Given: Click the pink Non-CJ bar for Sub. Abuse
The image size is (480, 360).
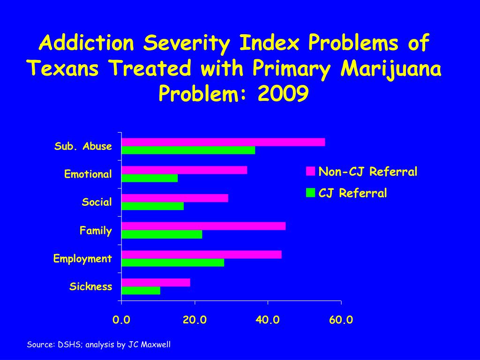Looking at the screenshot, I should pos(223,142).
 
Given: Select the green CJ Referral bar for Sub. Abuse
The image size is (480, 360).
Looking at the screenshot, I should pos(188,150).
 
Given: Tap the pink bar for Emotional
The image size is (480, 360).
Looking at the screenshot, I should pos(184,170).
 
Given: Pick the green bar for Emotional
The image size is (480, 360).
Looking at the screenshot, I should pos(150,178).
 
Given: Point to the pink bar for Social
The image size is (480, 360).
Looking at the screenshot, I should pos(175,198).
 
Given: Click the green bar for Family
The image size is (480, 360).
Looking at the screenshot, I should pos(162,234).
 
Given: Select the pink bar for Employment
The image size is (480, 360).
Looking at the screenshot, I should pos(202,255).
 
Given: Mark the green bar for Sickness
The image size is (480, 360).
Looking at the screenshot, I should pos(141,291).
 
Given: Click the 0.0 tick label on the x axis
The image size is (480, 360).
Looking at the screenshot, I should pos(121,320).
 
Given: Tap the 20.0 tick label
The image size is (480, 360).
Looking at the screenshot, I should pos(195,320).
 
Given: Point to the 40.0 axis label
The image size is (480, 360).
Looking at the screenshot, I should pos(268,320).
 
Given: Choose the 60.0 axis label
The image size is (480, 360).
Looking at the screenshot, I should pos(341,320).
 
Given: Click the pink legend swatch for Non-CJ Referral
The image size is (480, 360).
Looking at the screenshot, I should pos(310,172).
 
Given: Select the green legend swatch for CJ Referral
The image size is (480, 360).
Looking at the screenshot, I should pos(310,193).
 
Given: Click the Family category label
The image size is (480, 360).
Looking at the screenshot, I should pos(96,231).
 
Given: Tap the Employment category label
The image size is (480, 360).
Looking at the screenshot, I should pos(82,259).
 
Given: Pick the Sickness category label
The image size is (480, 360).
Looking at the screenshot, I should pos(91,286).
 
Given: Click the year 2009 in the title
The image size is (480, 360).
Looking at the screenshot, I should pos(283,94).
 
